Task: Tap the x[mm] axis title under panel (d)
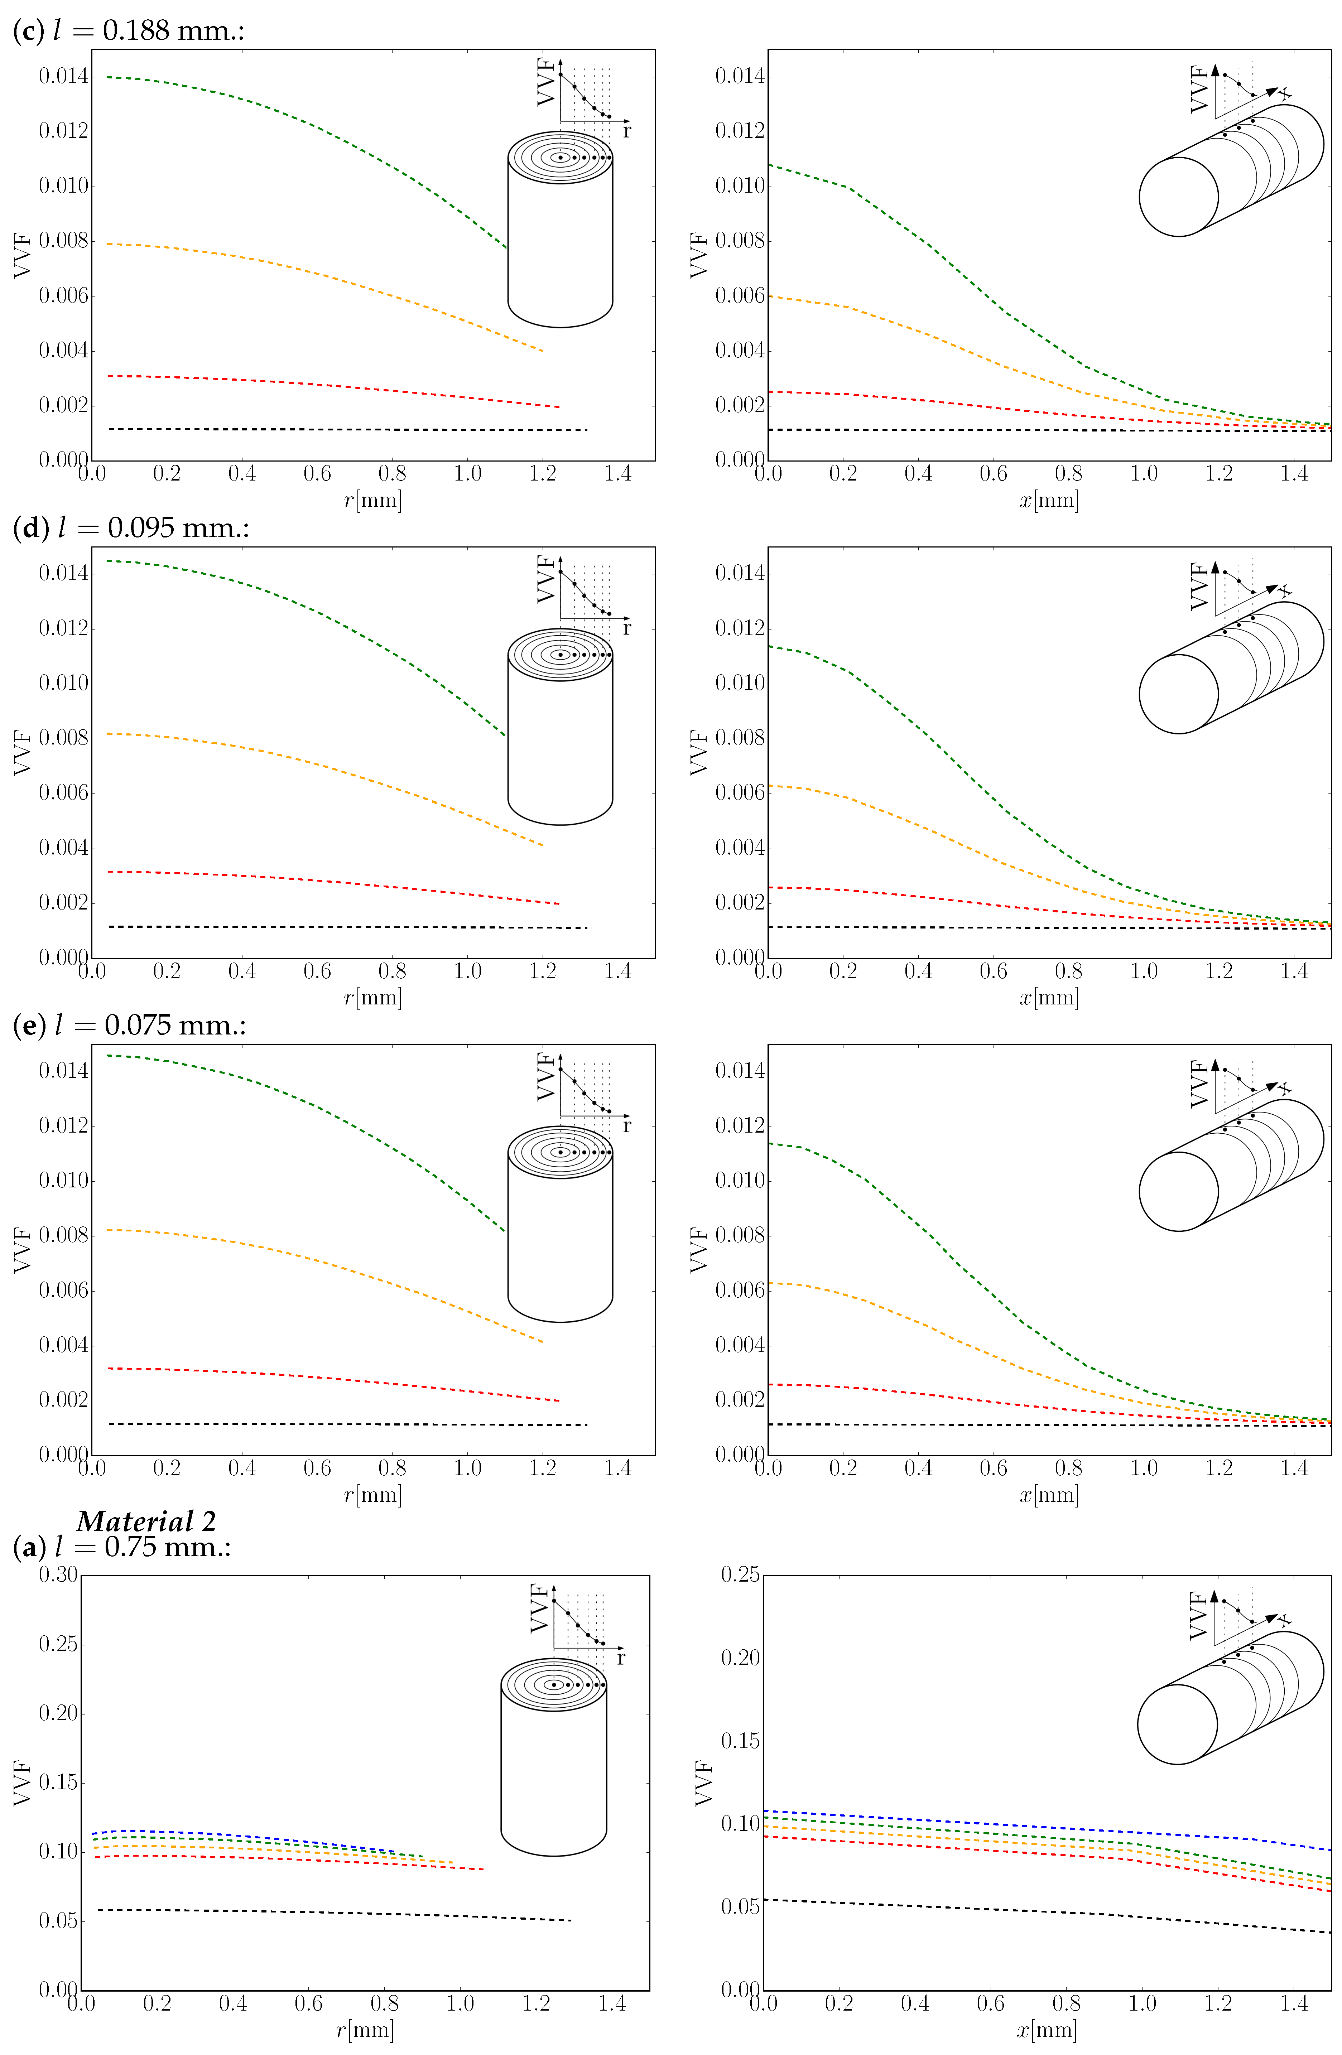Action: [x=1048, y=997]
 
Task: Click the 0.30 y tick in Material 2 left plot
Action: [x=58, y=1574]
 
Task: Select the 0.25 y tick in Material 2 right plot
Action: [x=740, y=1574]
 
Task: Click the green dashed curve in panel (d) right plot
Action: [x=950, y=760]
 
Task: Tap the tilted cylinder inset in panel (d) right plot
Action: [x=1231, y=669]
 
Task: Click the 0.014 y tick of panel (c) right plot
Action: [x=740, y=76]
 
